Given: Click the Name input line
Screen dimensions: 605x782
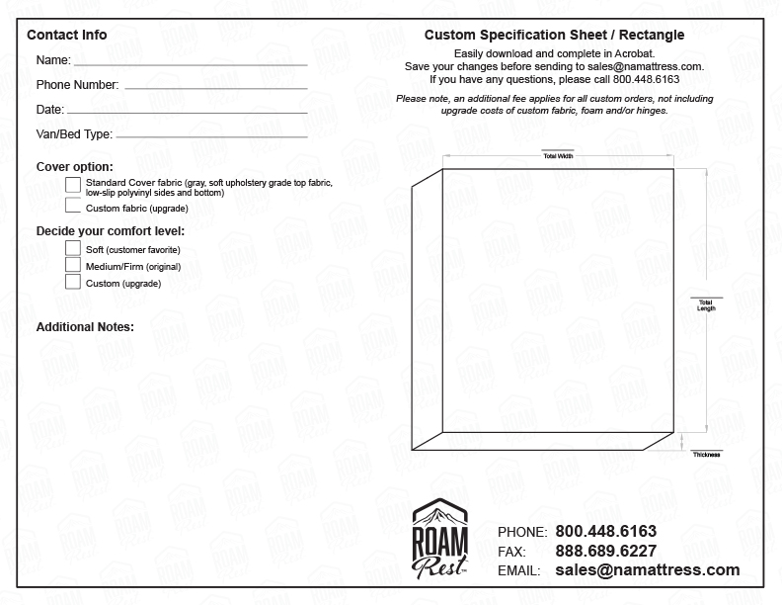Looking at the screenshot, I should click(191, 62).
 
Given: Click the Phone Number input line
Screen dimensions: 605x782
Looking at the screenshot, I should click(215, 87).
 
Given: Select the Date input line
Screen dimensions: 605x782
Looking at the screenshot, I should click(188, 111).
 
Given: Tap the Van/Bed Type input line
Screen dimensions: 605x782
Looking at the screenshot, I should click(211, 135).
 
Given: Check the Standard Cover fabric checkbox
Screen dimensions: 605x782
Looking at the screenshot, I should click(73, 185).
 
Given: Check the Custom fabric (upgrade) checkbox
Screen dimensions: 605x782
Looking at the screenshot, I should click(73, 208).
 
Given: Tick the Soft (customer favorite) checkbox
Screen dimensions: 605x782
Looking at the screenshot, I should click(73, 248).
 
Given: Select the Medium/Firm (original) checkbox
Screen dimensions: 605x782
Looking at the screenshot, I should click(73, 265).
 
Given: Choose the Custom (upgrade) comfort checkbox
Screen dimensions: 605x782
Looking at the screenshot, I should click(73, 282).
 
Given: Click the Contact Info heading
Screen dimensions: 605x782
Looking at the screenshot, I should click(67, 36).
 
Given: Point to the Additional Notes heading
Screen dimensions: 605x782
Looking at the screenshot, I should click(85, 326).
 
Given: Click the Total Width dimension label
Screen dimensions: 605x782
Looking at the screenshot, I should click(558, 156).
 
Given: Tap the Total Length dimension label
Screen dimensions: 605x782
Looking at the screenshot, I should click(705, 304).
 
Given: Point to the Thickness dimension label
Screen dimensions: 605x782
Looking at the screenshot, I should click(706, 454).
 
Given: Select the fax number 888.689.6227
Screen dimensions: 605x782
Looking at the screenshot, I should click(605, 551).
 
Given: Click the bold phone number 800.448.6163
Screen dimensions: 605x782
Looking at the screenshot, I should click(605, 531).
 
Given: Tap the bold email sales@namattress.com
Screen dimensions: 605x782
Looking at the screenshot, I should click(647, 570).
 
